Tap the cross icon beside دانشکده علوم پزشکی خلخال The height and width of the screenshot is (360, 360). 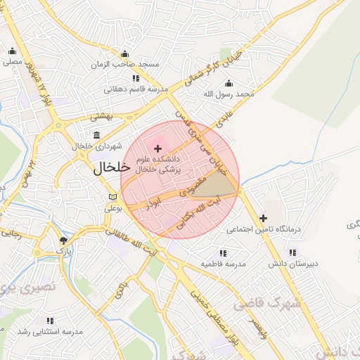(157, 149)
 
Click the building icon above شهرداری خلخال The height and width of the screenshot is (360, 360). (96, 135)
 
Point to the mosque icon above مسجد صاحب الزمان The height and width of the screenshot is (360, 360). (125, 53)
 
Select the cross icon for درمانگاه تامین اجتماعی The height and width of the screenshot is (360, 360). (264, 219)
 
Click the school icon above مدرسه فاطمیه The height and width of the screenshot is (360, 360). (223, 252)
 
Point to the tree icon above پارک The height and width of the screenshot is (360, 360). (63, 240)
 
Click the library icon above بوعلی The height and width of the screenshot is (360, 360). (113, 198)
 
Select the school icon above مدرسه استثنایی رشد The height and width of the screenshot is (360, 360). (49, 321)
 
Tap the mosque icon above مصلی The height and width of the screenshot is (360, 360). (13, 51)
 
